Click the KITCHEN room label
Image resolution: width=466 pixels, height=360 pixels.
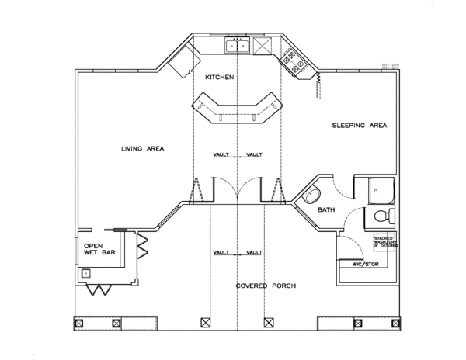click(x=220, y=78)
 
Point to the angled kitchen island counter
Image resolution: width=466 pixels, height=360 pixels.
click(x=237, y=107)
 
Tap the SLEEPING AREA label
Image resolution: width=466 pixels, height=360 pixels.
click(x=359, y=125)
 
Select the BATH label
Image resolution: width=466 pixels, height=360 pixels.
click(x=326, y=210)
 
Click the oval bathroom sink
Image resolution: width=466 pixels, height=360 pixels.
click(x=312, y=192)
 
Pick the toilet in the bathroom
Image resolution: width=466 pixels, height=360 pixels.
click(x=383, y=214)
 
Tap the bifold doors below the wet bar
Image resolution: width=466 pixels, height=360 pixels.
click(x=99, y=289)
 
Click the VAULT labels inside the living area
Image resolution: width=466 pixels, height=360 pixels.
click(x=238, y=155)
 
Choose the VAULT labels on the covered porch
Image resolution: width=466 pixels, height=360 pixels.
click(x=238, y=253)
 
